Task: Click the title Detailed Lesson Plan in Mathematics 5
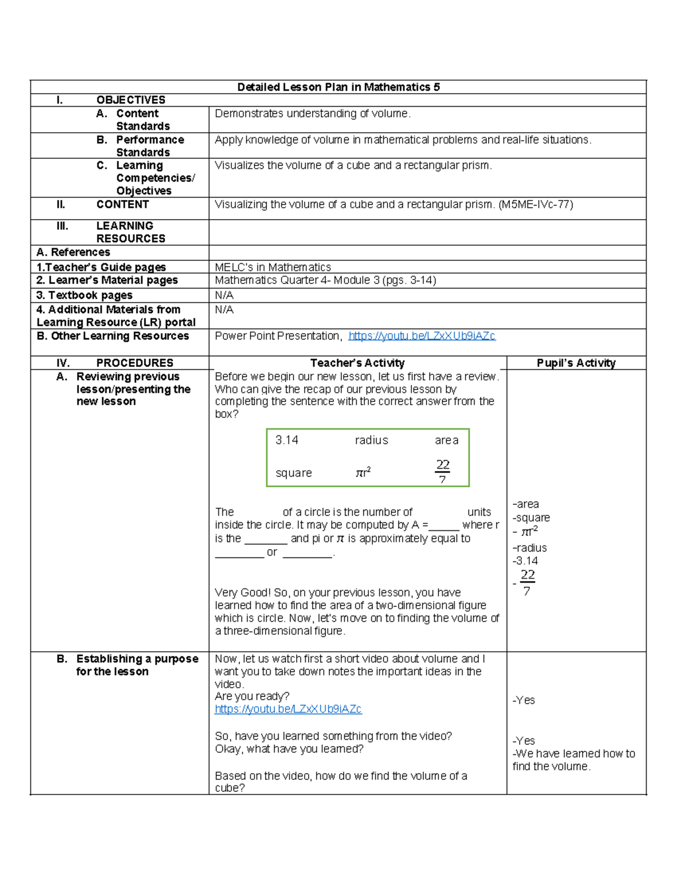tap(338, 87)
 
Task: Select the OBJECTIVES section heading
tap(131, 100)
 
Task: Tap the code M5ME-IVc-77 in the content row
tap(535, 204)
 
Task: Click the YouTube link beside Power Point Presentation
tap(421, 336)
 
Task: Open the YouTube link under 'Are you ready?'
tap(288, 709)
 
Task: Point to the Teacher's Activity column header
tap(357, 363)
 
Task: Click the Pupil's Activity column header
tap(576, 363)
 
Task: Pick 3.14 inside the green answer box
tap(287, 440)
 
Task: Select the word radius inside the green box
tap(371, 440)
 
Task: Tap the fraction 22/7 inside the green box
tap(442, 472)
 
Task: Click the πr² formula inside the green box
tap(363, 473)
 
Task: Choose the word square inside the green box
tap(293, 473)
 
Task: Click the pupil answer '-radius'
tap(530, 548)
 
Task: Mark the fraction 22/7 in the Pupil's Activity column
tap(527, 583)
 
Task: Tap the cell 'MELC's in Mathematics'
tap(272, 267)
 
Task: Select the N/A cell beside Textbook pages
tap(224, 295)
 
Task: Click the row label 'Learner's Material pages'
tap(107, 281)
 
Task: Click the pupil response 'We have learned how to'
tap(574, 754)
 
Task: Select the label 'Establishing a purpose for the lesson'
tap(137, 665)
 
